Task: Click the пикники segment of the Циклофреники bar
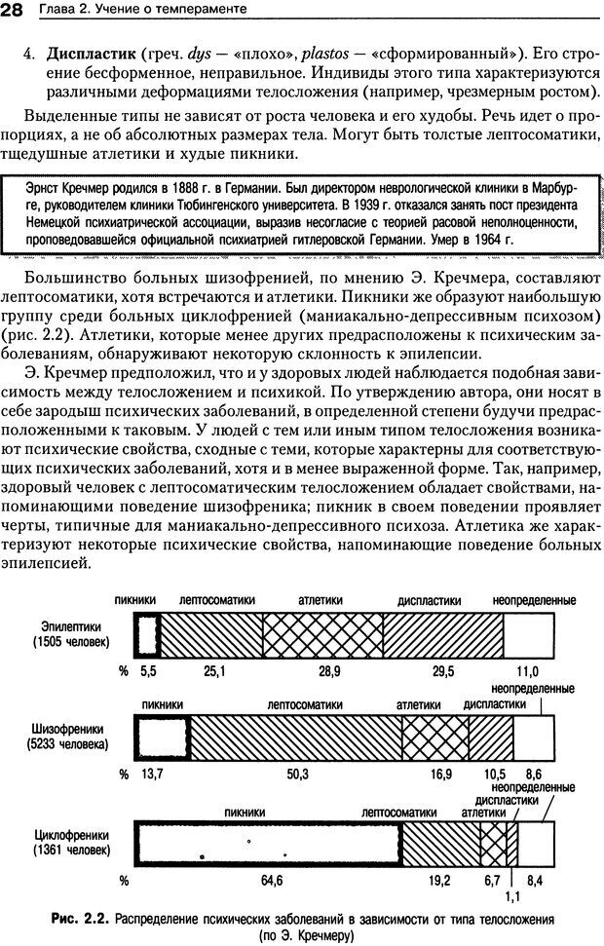268,842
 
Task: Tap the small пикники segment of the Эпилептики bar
147,629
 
